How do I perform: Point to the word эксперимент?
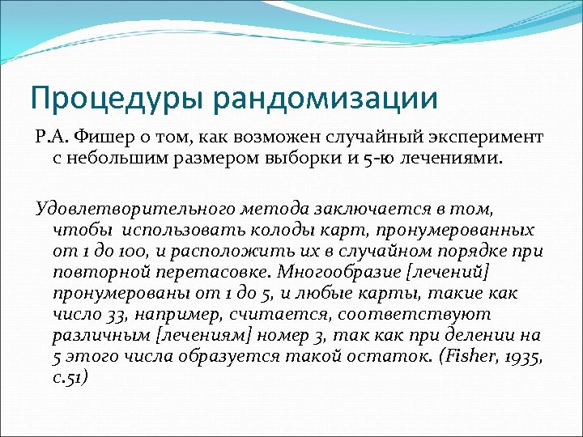[x=485, y=134]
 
